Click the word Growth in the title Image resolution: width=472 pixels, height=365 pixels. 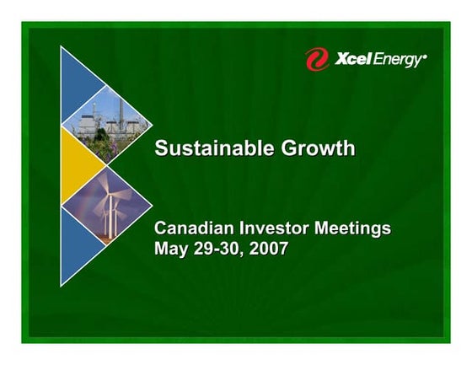[317, 149]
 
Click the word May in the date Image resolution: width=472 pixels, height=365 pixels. [172, 250]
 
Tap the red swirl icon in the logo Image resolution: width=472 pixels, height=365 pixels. [317, 59]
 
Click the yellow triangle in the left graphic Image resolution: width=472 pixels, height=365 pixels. [76, 166]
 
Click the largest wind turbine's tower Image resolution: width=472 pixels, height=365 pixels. [108, 219]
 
